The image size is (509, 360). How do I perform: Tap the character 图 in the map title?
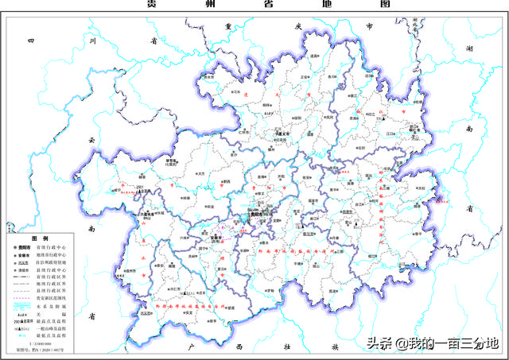385,4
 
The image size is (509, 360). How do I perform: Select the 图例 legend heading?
40,238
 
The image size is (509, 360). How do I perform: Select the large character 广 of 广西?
185,347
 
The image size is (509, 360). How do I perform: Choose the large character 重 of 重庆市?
228,26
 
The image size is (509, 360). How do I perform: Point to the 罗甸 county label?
271,291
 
